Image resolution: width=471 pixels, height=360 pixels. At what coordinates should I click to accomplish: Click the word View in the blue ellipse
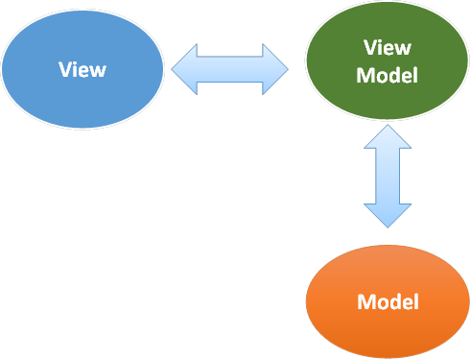coord(82,70)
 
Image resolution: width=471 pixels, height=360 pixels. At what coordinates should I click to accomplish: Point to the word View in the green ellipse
coord(388,48)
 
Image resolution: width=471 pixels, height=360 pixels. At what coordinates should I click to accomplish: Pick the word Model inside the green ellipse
coord(387,75)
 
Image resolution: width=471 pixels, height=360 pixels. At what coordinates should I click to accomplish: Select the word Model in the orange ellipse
coord(388,301)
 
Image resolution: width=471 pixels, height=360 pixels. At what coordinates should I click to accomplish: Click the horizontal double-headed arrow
coord(230,70)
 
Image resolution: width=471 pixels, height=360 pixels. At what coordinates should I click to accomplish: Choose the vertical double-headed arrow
coord(388,177)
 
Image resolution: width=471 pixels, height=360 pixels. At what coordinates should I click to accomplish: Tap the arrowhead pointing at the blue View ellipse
coord(184,70)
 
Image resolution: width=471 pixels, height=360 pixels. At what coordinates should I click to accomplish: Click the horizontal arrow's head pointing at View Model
coord(275,70)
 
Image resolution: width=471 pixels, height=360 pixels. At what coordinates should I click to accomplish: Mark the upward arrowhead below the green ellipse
coord(388,138)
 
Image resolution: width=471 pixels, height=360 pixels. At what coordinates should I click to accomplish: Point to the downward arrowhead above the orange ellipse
coord(388,214)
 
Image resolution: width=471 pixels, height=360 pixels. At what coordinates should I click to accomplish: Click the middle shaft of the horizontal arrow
coord(230,70)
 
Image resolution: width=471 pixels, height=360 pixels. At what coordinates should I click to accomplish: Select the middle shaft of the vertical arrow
coord(388,177)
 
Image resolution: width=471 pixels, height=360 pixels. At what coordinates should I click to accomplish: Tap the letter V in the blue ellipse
coord(64,70)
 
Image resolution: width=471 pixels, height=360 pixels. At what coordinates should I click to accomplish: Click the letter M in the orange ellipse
coord(365,301)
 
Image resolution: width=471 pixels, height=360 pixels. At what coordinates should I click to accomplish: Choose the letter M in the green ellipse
coord(365,75)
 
